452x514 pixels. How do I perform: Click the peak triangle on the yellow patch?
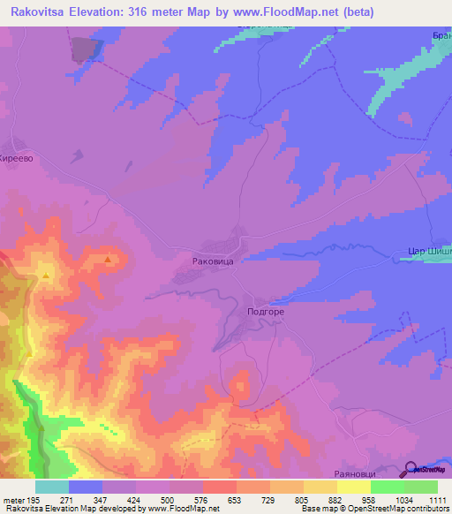click(46, 276)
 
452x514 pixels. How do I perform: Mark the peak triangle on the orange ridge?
click(108, 260)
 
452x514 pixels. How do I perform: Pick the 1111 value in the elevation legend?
click(438, 499)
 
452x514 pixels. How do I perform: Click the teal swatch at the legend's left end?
click(51, 487)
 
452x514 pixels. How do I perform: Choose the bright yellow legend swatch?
click(353, 487)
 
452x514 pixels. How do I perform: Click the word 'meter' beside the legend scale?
click(14, 499)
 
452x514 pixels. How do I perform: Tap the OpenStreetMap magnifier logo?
click(411, 469)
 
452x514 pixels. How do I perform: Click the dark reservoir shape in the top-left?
click(82, 49)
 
